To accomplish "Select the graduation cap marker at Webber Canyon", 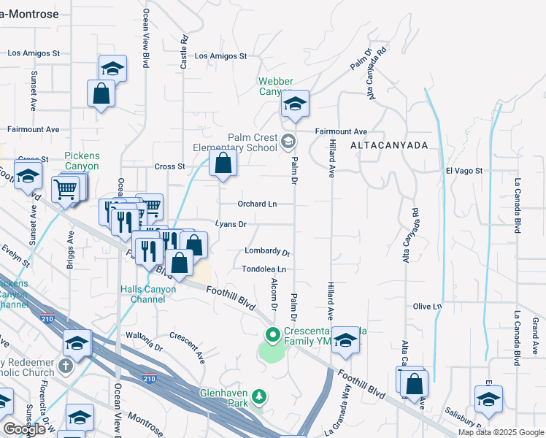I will pyautogui.click(x=295, y=103).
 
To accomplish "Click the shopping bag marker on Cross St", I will pyautogui.click(x=223, y=164).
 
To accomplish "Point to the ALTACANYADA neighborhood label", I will pyautogui.click(x=388, y=146).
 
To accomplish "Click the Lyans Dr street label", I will pyautogui.click(x=231, y=224).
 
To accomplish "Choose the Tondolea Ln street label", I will pyautogui.click(x=264, y=269).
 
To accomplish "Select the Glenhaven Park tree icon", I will pyautogui.click(x=258, y=397).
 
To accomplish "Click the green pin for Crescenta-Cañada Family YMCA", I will pyautogui.click(x=273, y=336).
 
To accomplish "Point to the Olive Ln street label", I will pyautogui.click(x=428, y=307).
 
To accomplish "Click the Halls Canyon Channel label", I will pyautogui.click(x=148, y=294).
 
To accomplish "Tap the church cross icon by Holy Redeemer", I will pyautogui.click(x=66, y=364).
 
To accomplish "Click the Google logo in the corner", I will pyautogui.click(x=24, y=429).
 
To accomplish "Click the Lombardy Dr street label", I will pyautogui.click(x=268, y=252).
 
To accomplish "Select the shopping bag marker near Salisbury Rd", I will pyautogui.click(x=414, y=383).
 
